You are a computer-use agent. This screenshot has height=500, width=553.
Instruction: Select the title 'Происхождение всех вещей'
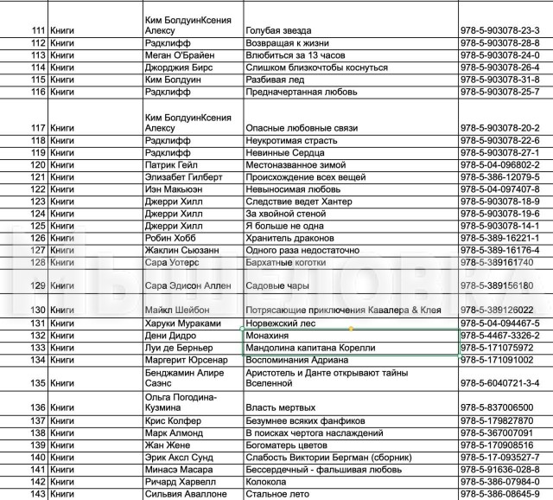(302, 176)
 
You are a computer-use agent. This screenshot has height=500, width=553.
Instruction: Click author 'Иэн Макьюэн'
(175, 189)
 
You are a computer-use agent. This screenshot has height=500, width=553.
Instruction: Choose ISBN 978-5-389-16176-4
(500, 249)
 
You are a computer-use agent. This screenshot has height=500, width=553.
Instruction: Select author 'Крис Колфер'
(174, 420)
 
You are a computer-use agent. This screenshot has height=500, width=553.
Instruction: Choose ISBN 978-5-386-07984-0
(500, 482)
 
